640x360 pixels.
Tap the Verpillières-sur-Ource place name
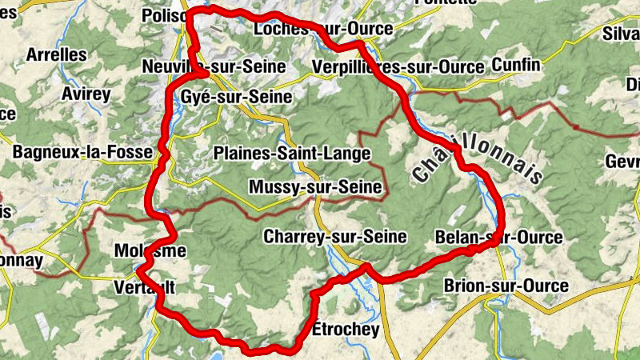(x=398, y=66)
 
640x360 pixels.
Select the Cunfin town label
(x=517, y=64)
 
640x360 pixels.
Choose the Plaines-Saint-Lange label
(x=293, y=153)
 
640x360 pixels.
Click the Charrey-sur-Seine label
(x=335, y=237)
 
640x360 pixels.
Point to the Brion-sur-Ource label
(x=506, y=286)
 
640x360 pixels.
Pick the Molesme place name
(x=150, y=250)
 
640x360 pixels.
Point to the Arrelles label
(x=56, y=54)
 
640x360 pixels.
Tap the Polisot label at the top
(x=163, y=15)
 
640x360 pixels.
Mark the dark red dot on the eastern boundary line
(x=576, y=126)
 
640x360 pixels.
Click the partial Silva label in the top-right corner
(x=622, y=33)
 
